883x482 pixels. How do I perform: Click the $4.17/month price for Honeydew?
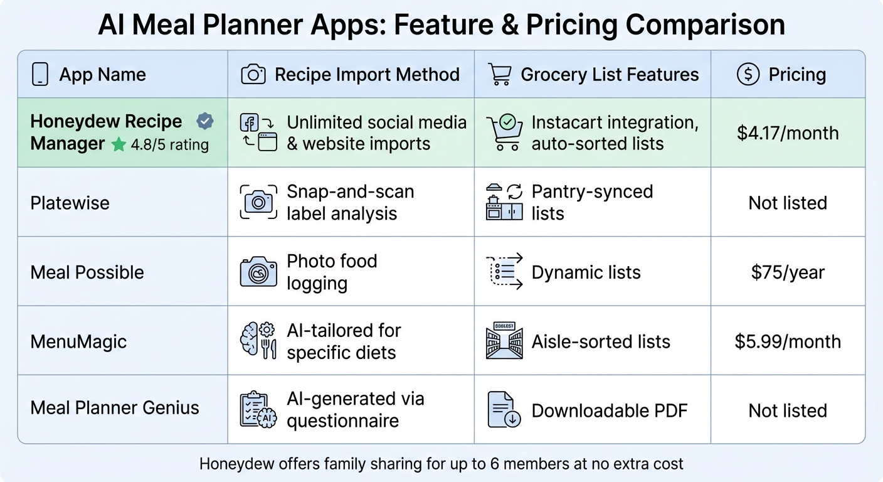coord(788,133)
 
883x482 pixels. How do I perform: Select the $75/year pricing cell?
coord(788,272)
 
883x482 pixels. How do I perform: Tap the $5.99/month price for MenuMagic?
coord(788,341)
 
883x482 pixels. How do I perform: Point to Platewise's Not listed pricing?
coord(788,203)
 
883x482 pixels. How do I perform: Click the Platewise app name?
coord(70,203)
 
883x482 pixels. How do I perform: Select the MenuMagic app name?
coord(78,341)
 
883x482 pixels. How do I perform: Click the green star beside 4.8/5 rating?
coord(119,145)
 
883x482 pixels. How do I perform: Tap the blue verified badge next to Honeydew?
coord(204,121)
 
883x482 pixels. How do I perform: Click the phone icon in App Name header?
coord(40,75)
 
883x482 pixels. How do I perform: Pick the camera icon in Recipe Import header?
coord(253,75)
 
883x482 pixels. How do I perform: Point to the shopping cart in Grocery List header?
coord(499,75)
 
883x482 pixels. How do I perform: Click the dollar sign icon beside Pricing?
coord(748,75)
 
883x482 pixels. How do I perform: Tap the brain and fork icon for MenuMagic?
coord(258,341)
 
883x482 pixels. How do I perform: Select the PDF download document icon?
coord(504,410)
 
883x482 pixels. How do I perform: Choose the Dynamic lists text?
coord(586,272)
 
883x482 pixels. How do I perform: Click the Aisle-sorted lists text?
coord(601,341)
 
